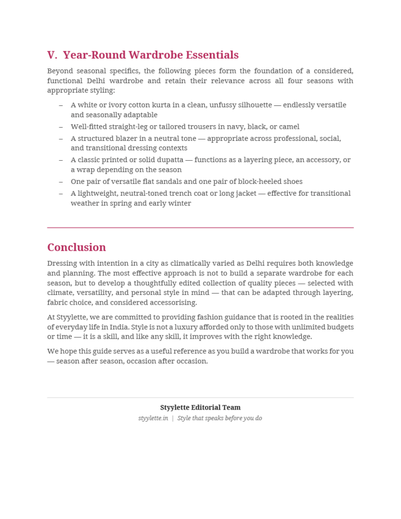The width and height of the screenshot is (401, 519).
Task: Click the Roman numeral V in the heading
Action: point(52,55)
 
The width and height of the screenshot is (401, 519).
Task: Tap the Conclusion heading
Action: point(76,247)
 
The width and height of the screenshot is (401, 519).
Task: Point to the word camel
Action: point(289,127)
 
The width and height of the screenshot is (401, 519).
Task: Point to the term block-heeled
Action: point(259,181)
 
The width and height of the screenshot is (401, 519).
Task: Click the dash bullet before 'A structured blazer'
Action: point(61,138)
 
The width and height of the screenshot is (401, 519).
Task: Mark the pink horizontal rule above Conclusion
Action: point(200,228)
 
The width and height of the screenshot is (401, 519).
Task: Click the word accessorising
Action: point(171,303)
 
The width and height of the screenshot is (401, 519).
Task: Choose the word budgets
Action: point(339,327)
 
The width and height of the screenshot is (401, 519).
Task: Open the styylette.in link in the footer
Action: point(153,418)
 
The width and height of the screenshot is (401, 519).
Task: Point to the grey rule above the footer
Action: point(200,397)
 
